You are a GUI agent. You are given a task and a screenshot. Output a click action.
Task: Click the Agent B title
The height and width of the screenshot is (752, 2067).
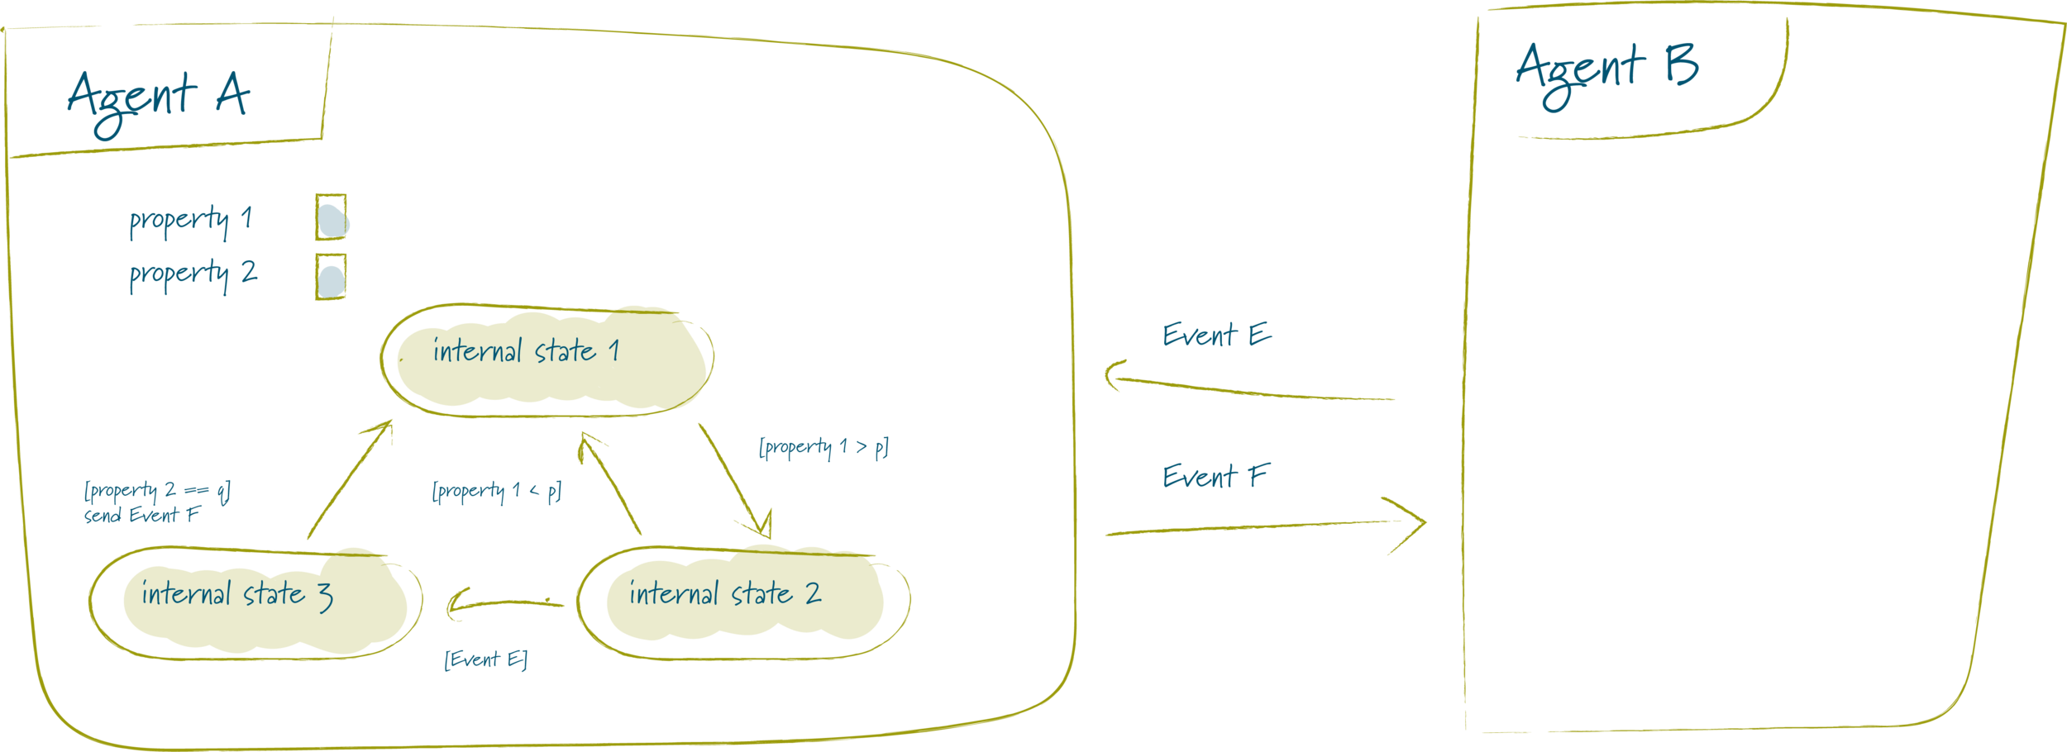tap(1606, 73)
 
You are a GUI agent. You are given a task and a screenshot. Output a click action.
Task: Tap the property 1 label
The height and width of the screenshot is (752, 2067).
tap(190, 221)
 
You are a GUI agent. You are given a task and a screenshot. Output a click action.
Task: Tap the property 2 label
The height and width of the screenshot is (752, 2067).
tap(193, 274)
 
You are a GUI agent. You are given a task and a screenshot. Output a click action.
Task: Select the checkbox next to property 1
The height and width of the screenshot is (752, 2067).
tap(331, 218)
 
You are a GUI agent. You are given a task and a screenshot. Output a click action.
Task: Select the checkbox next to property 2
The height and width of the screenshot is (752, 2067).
tap(331, 277)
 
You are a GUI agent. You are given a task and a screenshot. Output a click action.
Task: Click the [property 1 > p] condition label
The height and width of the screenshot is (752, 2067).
tap(823, 448)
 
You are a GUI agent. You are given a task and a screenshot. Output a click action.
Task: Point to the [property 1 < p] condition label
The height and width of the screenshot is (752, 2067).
tap(497, 492)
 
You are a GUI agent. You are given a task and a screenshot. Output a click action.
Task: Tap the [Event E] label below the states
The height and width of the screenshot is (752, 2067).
tap(485, 659)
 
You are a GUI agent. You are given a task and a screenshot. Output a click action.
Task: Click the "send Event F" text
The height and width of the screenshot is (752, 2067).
tap(142, 516)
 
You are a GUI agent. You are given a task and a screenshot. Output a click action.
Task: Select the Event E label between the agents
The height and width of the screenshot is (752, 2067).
tap(1216, 336)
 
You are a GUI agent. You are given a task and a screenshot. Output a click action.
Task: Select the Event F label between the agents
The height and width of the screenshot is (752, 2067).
tap(1215, 477)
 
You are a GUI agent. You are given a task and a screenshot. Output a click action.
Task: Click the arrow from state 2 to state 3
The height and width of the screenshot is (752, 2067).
tap(504, 604)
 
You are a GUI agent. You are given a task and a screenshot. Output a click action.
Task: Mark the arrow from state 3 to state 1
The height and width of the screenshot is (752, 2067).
tap(350, 479)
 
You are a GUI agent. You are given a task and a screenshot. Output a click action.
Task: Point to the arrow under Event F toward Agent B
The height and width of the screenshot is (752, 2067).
tap(1265, 527)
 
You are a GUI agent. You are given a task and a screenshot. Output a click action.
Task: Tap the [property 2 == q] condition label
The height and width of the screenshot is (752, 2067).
tap(157, 492)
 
